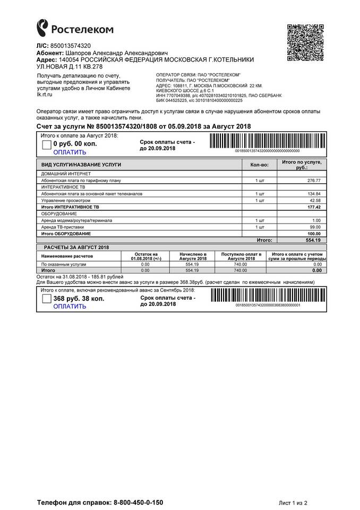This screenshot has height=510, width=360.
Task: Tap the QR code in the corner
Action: [x=305, y=43]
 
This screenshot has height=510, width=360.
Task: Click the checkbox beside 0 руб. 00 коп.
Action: [x=46, y=144]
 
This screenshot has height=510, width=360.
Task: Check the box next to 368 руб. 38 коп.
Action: [x=46, y=300]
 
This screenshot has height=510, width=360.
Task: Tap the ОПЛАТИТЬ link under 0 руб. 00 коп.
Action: [x=70, y=152]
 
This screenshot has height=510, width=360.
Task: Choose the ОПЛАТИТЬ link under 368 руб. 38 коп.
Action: [x=70, y=307]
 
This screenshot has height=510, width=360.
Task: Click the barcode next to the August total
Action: [x=267, y=141]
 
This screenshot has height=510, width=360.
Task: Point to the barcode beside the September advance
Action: [x=267, y=295]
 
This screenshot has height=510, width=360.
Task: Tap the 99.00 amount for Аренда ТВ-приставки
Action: [x=315, y=227]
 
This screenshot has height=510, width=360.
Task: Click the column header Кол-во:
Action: [x=259, y=165]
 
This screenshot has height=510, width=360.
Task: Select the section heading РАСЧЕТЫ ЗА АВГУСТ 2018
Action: [x=75, y=248]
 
